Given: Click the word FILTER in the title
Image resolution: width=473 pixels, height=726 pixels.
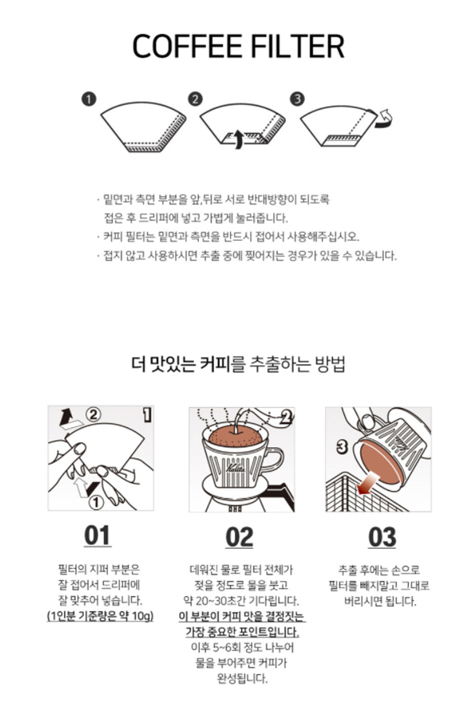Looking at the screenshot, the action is pyautogui.click(x=298, y=46).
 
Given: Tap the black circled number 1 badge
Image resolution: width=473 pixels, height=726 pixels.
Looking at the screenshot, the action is pyautogui.click(x=89, y=99).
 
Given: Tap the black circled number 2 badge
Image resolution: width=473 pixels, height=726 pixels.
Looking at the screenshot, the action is pyautogui.click(x=195, y=99).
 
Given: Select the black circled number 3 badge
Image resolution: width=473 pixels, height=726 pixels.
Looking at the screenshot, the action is pyautogui.click(x=298, y=99).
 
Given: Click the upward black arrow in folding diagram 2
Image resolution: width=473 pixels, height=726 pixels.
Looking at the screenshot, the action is pyautogui.click(x=238, y=139).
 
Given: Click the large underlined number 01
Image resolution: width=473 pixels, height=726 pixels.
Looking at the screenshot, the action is pyautogui.click(x=97, y=536).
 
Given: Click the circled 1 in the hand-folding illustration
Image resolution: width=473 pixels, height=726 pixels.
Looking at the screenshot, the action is pyautogui.click(x=96, y=503).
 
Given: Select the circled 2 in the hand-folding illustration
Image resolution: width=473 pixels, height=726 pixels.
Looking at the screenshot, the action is pyautogui.click(x=94, y=415).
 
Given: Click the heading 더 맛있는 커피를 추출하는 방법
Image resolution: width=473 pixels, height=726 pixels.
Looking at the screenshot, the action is pyautogui.click(x=238, y=364).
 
